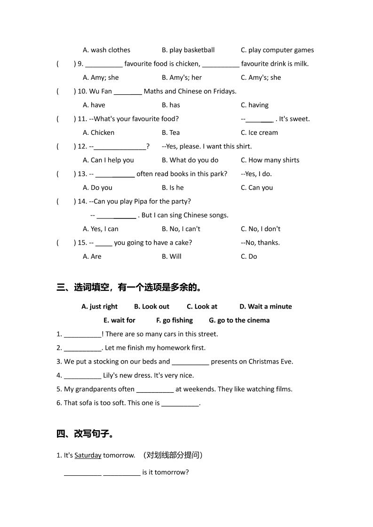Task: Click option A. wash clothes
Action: coord(106,50)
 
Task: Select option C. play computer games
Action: coord(277,50)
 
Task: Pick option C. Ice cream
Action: coord(259,133)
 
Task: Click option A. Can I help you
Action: coord(108,160)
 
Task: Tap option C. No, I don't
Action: coord(261,229)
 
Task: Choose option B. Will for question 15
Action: coord(171,256)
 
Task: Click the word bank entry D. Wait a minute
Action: coord(265,307)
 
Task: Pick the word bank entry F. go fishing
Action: coord(175,320)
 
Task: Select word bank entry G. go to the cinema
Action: coord(239,320)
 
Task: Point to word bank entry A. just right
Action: coord(99,307)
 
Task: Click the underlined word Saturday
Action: coord(88,455)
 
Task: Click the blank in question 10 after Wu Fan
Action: coord(127,92)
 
